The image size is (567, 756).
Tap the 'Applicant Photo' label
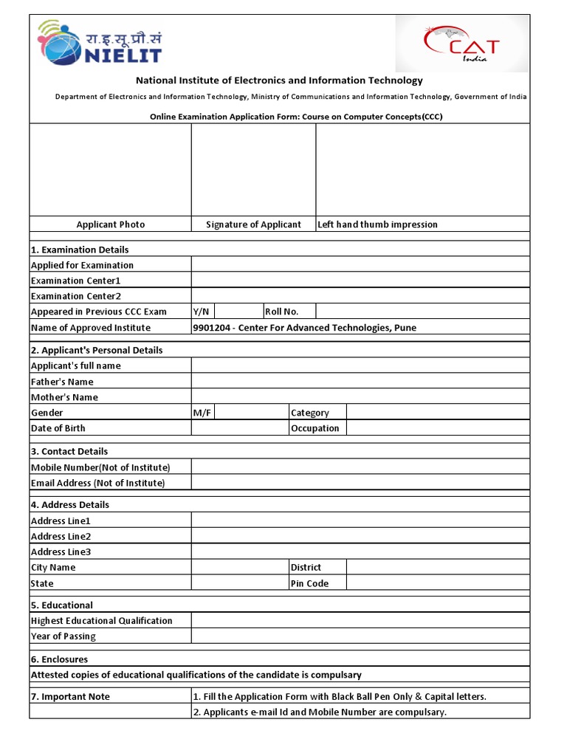(111, 224)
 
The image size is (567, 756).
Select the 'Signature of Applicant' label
(253, 224)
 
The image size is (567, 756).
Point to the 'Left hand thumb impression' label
(377, 224)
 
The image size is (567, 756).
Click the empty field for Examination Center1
(360, 281)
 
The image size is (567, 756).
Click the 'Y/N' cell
(202, 312)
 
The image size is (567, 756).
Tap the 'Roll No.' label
(281, 312)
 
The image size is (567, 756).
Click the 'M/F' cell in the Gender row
(202, 413)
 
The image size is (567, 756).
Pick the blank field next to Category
(437, 413)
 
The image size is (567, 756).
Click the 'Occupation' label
(315, 428)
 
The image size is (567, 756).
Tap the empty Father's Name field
(360, 382)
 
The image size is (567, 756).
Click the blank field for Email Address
(360, 483)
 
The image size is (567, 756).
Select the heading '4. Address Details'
(69, 505)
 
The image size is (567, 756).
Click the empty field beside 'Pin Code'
(437, 583)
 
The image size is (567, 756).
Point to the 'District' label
(306, 568)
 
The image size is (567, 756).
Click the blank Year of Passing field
(360, 636)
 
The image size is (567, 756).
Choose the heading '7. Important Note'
(70, 697)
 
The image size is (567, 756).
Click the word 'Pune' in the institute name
(405, 328)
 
